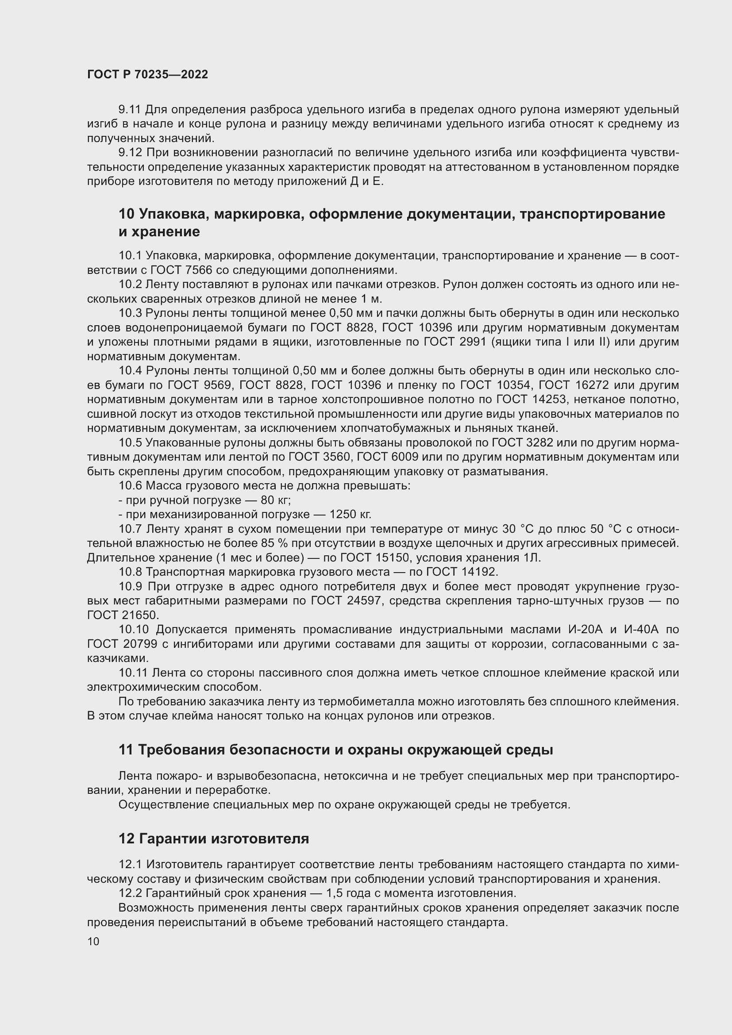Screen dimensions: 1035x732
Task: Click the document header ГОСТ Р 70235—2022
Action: (147, 75)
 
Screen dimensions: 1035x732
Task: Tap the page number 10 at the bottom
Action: (93, 942)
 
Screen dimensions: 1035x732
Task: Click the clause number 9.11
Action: (130, 110)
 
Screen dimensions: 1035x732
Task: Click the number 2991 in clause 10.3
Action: (473, 342)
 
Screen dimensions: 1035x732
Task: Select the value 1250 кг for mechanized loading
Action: (350, 514)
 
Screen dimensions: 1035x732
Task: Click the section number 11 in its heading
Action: (126, 750)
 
